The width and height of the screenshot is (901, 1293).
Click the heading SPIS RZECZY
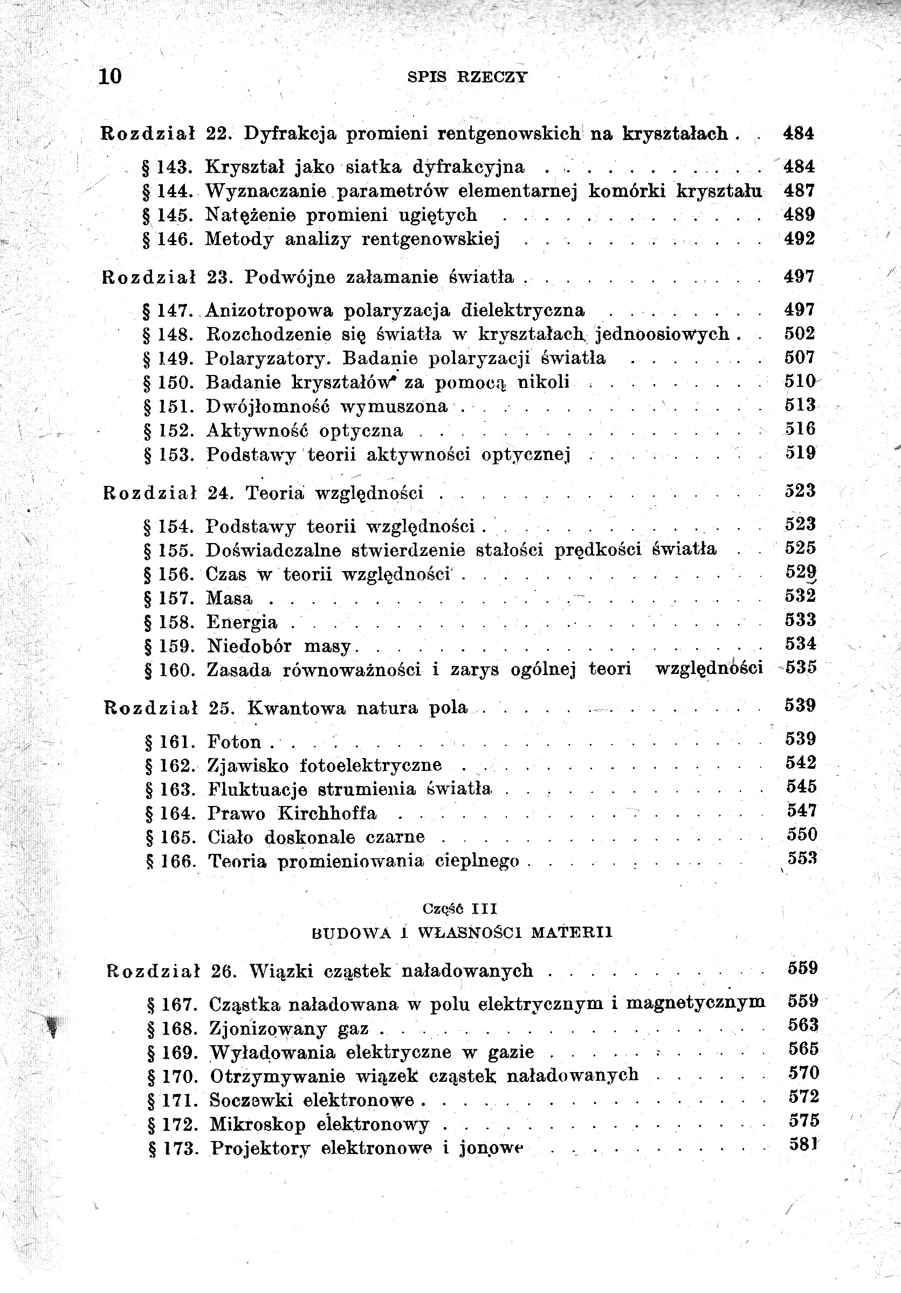click(467, 77)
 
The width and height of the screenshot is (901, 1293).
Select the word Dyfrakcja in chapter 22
click(291, 134)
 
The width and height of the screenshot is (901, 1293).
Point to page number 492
click(800, 239)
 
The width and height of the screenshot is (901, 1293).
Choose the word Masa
click(229, 598)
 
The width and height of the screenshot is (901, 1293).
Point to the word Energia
click(242, 622)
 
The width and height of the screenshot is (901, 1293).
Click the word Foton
click(235, 742)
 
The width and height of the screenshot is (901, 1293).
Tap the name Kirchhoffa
click(328, 814)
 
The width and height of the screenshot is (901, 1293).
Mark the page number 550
click(802, 834)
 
